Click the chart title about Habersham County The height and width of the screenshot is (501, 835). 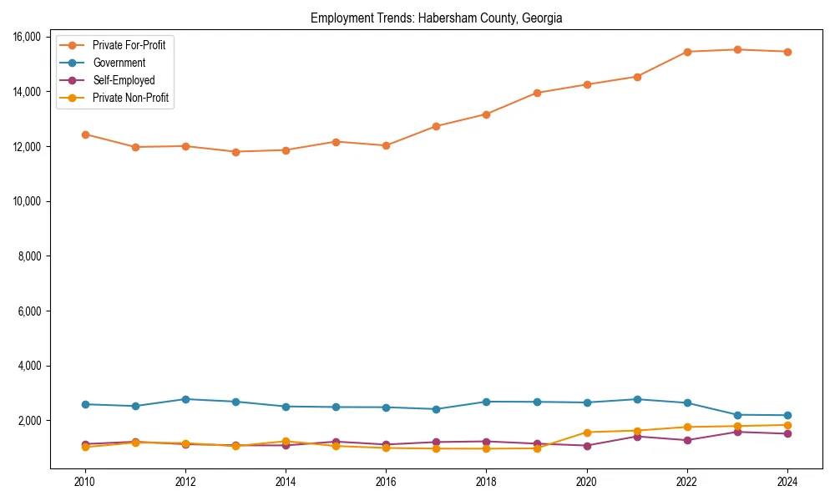[x=436, y=18]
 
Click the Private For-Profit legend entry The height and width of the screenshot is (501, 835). [x=129, y=45]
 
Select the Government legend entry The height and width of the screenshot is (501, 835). [x=119, y=63]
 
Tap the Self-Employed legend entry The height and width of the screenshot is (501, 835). [x=124, y=80]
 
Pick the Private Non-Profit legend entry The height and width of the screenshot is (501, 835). [x=130, y=98]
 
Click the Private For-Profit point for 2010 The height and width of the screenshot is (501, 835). [x=85, y=134]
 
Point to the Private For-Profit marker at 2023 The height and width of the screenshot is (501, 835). [x=737, y=49]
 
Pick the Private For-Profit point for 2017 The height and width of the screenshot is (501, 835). [x=436, y=126]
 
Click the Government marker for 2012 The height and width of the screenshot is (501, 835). [x=185, y=399]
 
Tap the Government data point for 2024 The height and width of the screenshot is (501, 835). [x=787, y=415]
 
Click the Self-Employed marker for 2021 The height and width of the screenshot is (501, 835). [x=637, y=436]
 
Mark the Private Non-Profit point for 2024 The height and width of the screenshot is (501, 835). [x=787, y=425]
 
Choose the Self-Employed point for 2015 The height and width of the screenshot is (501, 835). [x=336, y=442]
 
